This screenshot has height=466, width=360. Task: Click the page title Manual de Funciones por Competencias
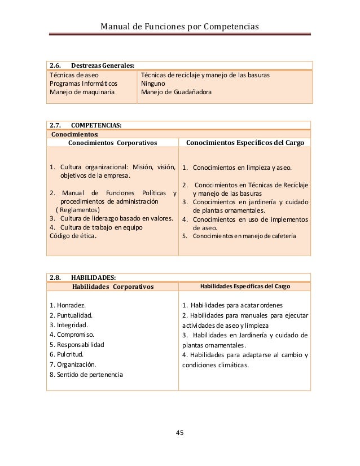(179, 26)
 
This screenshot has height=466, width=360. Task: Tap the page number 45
(179, 433)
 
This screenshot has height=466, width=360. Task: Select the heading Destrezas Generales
(102, 65)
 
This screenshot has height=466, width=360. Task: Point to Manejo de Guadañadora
(176, 92)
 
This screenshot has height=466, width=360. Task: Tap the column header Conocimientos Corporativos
(112, 143)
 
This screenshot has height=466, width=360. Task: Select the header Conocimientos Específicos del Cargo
(244, 143)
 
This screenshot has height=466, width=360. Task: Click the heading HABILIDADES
(94, 277)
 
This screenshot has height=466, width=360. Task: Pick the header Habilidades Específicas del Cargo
(244, 286)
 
